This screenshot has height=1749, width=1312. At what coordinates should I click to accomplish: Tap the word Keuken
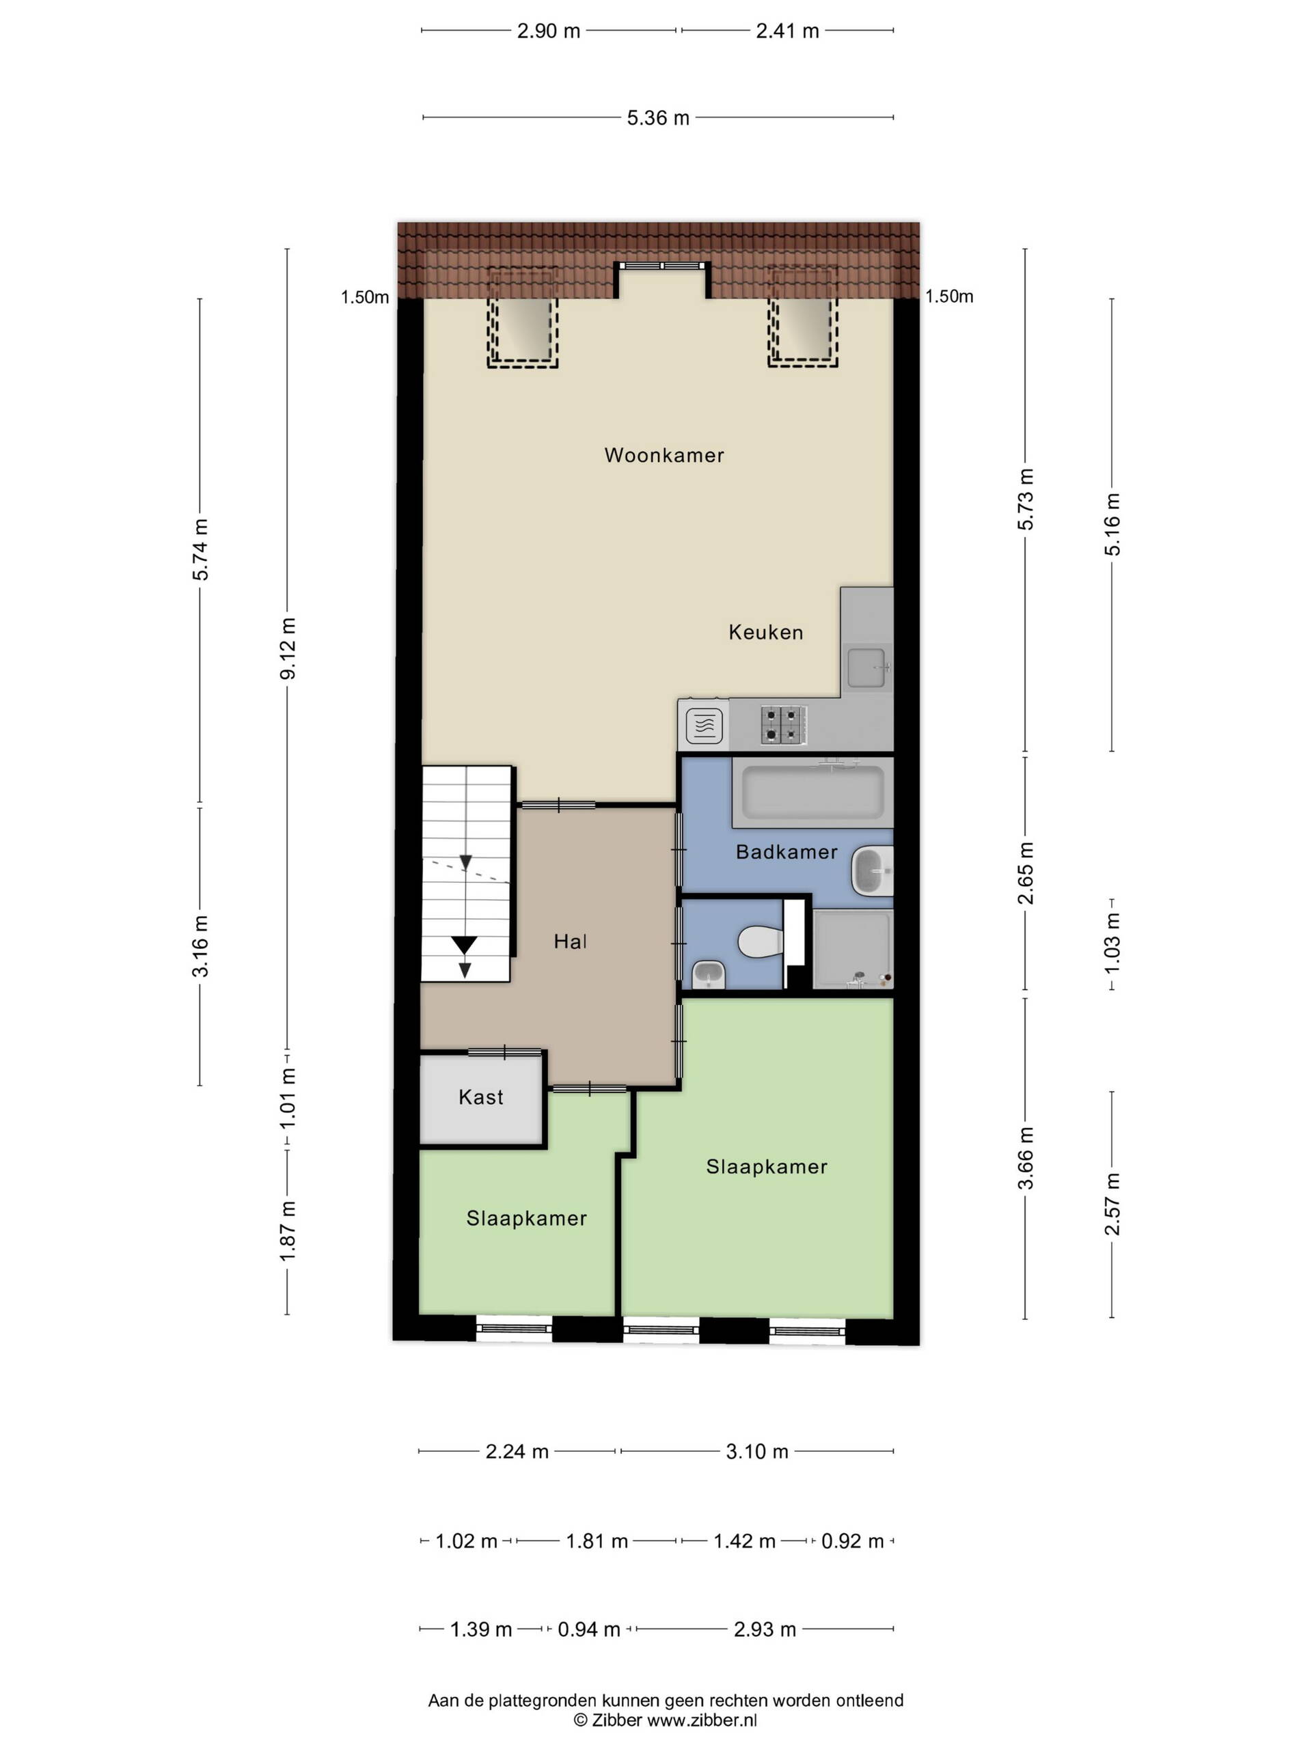(x=765, y=632)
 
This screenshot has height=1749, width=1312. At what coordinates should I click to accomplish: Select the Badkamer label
(x=786, y=851)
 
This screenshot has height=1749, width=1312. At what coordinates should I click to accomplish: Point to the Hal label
(x=570, y=941)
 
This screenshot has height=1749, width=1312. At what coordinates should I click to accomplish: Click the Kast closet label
(x=481, y=1097)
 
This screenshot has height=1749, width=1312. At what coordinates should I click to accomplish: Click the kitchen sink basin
(x=869, y=667)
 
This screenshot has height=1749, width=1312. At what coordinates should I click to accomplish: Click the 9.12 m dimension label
(x=288, y=648)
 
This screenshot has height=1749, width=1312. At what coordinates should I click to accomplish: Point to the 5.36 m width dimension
(x=658, y=118)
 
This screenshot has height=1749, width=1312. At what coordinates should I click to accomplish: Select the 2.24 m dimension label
(x=517, y=1452)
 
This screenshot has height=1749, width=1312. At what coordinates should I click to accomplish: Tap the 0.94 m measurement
(x=588, y=1629)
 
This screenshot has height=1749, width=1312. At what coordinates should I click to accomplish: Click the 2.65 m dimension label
(x=1026, y=873)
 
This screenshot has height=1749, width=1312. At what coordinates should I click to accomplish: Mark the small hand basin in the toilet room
(x=709, y=974)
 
